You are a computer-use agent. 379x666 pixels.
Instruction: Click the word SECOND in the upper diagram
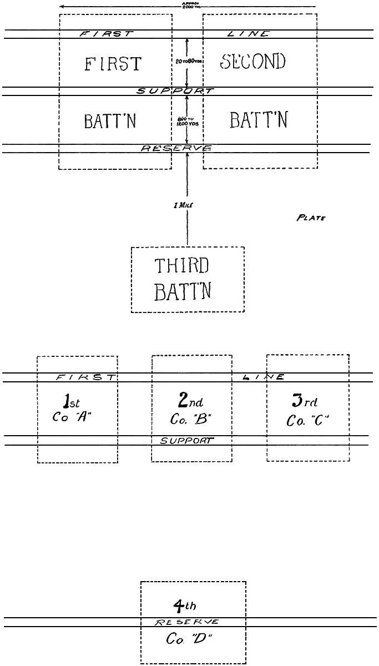(x=253, y=62)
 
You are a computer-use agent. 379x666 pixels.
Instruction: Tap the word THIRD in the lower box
(x=181, y=268)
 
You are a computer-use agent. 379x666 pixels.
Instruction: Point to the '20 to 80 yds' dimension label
(x=187, y=62)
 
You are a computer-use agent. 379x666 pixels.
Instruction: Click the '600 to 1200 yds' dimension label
(x=187, y=121)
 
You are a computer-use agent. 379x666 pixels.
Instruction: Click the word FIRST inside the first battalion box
(x=113, y=64)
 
